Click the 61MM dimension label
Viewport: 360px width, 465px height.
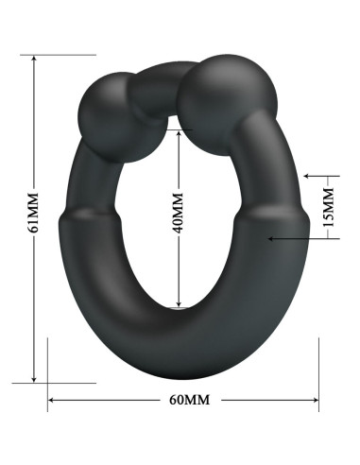tap(33, 215)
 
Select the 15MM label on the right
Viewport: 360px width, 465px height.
tap(328, 207)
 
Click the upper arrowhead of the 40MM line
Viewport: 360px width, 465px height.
tap(178, 129)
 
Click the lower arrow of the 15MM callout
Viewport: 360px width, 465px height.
tap(274, 238)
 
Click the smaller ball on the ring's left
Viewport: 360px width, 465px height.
tap(105, 108)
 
